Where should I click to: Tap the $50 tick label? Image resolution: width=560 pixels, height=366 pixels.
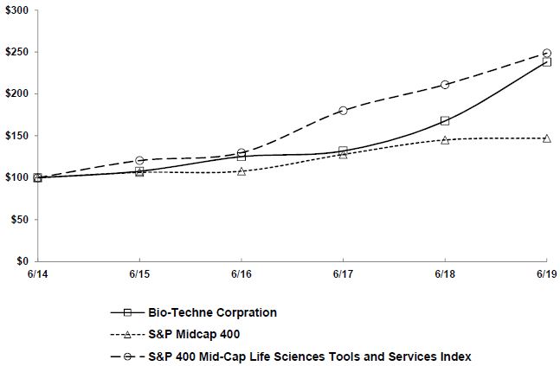(18, 220)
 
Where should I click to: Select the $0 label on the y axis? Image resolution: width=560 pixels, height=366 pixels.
(22, 261)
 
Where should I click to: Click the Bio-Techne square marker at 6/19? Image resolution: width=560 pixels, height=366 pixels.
(546, 61)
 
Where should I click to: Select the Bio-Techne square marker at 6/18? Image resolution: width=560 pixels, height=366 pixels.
(445, 121)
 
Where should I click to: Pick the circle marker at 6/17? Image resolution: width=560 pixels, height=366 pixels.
(343, 111)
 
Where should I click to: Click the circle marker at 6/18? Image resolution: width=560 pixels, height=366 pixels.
(445, 85)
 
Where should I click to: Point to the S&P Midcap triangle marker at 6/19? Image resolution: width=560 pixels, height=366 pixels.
(546, 138)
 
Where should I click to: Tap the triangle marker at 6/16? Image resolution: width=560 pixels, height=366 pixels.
(241, 171)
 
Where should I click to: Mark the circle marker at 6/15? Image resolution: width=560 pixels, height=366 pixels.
(139, 160)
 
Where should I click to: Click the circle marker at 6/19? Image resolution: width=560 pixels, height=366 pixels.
(546, 53)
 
